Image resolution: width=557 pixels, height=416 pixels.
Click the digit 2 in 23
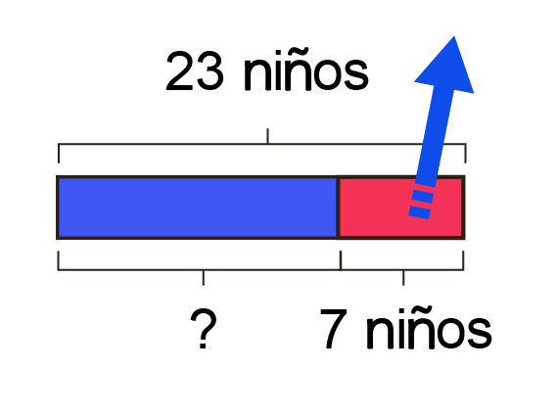(x=179, y=70)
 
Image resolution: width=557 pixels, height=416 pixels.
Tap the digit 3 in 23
(x=210, y=70)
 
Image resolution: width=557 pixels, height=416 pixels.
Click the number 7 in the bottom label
(x=334, y=328)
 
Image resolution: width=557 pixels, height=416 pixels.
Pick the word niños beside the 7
(x=429, y=328)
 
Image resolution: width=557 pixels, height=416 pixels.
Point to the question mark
(x=204, y=328)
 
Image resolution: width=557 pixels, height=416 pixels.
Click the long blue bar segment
(x=198, y=208)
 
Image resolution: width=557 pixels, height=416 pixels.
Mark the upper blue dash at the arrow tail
(x=422, y=196)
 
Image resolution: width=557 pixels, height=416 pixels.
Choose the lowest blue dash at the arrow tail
(x=420, y=212)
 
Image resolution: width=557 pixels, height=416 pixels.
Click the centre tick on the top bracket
(x=267, y=136)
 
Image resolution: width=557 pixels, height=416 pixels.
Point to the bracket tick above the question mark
(x=204, y=277)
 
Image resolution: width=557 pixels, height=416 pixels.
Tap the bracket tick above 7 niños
(x=403, y=277)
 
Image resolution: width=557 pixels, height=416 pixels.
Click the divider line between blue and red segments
(x=338, y=208)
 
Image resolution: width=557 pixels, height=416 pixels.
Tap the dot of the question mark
(x=203, y=346)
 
